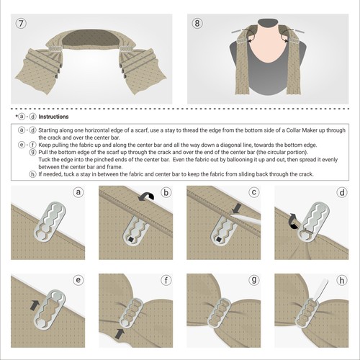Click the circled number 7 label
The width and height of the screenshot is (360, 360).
22,22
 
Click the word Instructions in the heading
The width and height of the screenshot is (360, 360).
53,115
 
